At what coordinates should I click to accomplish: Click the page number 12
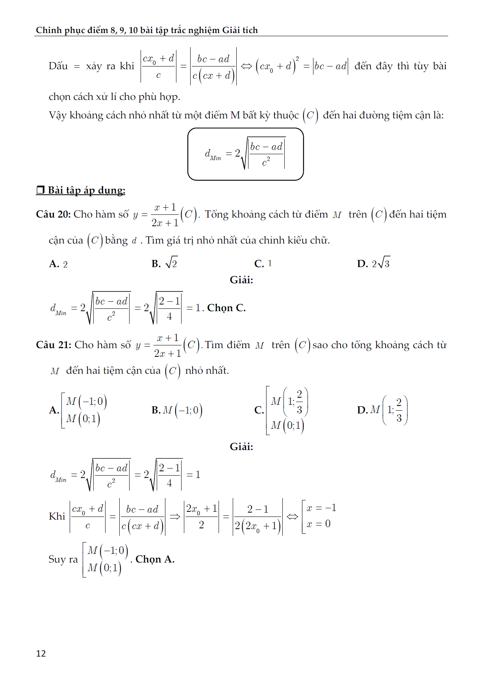click(41, 653)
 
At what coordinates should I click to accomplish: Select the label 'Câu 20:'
click(53, 214)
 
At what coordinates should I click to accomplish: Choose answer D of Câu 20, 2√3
click(374, 263)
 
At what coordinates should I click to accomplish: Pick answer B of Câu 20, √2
click(165, 263)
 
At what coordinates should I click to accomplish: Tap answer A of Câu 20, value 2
click(58, 264)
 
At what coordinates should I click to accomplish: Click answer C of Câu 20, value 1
click(263, 264)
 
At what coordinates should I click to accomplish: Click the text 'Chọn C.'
click(226, 308)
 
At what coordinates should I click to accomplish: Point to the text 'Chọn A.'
click(155, 559)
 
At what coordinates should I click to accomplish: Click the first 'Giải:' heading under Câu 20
click(241, 280)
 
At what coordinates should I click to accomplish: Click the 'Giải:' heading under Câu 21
click(241, 447)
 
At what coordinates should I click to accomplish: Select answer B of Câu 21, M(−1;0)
click(177, 410)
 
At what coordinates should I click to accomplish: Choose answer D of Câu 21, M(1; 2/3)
click(382, 410)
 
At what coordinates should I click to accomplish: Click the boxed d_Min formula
click(245, 154)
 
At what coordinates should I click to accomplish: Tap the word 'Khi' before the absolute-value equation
click(57, 517)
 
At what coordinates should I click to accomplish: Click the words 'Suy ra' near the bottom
click(63, 559)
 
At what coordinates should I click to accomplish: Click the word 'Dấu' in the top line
click(58, 66)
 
